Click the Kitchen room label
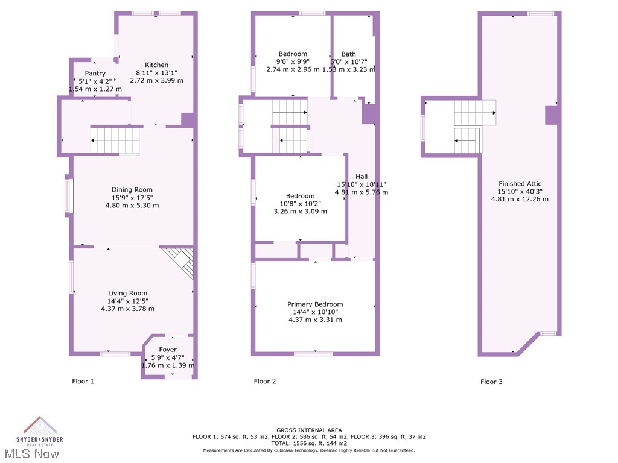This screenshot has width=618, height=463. [x=156, y=65]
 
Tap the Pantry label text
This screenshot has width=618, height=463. [x=95, y=74]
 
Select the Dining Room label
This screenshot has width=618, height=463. [x=132, y=190]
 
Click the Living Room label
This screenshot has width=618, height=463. [x=127, y=294]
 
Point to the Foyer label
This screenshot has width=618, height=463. [x=168, y=350]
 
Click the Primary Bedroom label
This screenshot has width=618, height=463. [x=315, y=304]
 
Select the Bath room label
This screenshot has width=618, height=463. [x=348, y=54]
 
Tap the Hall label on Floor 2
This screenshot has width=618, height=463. [x=362, y=177]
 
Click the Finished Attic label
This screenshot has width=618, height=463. [x=520, y=184]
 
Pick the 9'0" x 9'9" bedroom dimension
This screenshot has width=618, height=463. [x=293, y=61]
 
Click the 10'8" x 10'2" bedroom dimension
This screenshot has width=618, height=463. [x=300, y=204]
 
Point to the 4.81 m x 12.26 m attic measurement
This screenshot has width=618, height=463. [x=520, y=199]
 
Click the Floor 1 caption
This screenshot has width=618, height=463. [x=83, y=382]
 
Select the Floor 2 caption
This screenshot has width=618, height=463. [x=265, y=382]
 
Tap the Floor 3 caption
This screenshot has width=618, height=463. [x=491, y=382]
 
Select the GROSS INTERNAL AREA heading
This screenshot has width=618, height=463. [x=309, y=430]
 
